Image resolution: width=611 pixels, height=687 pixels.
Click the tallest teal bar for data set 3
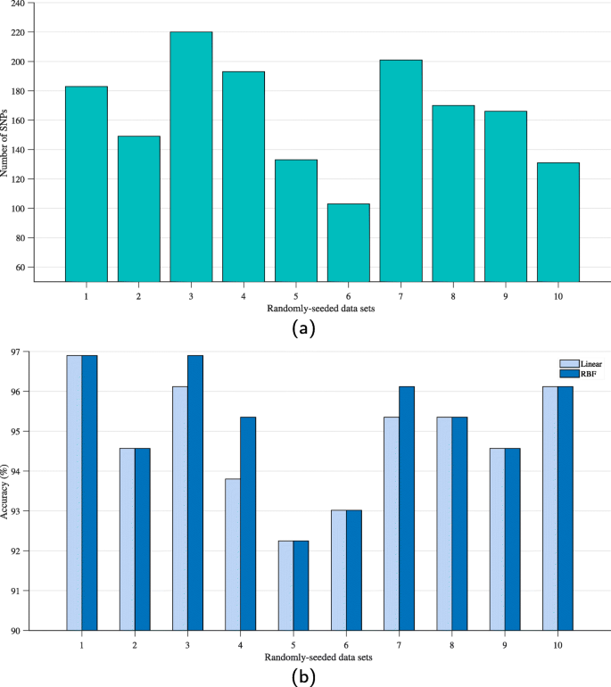(191, 156)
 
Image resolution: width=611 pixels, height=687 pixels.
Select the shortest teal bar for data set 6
(348, 242)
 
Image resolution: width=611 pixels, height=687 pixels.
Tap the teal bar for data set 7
(400, 170)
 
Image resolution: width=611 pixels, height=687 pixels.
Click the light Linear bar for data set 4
(232, 554)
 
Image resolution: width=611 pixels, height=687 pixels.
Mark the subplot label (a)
(305, 328)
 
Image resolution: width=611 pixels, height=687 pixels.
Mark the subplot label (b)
(305, 676)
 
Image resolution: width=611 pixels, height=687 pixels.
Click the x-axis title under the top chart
(306, 308)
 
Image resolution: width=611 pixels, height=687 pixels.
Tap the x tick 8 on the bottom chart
(452, 644)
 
